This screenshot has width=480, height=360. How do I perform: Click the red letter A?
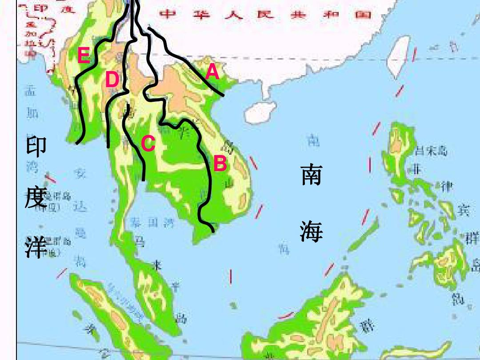(x=212, y=72)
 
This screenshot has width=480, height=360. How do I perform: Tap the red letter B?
(x=220, y=164)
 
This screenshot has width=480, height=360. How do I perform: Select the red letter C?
(x=148, y=144)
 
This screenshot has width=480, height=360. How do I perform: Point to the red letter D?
(x=112, y=80)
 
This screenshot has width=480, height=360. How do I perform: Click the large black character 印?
(x=36, y=147)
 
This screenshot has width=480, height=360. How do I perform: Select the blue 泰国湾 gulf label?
(x=152, y=223)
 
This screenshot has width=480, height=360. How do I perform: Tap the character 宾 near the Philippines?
(x=463, y=209)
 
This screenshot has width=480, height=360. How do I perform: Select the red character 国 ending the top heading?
(x=363, y=14)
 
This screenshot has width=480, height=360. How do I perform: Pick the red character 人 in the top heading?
(x=236, y=14)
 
